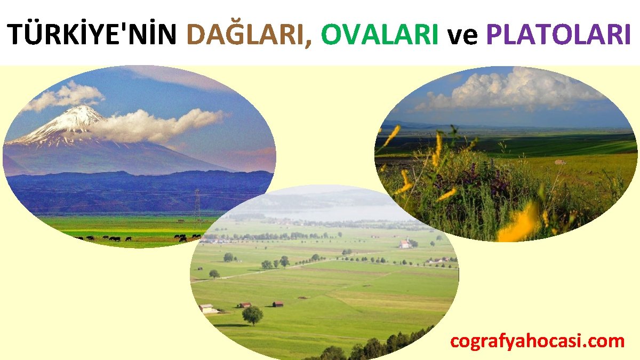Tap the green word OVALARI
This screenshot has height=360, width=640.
point(380,35)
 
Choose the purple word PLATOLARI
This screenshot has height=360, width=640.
point(558,35)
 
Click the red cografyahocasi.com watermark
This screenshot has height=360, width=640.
point(537,341)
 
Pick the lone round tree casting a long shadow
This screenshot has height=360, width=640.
point(252,315)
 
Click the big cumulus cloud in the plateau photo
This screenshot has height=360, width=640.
point(512,91)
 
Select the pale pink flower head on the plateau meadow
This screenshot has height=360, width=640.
point(559,162)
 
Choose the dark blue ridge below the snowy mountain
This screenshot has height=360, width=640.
point(133,187)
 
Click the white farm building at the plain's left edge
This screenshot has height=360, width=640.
point(207,308)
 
